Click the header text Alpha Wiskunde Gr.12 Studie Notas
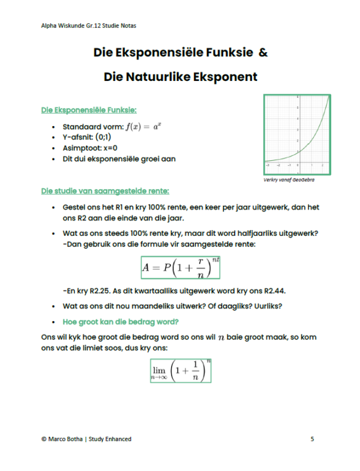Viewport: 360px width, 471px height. [x=84, y=26]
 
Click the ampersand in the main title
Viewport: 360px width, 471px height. [x=263, y=53]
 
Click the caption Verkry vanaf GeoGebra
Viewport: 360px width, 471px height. [x=289, y=179]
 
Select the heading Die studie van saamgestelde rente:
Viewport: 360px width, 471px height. [x=105, y=191]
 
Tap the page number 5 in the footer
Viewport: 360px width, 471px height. [x=313, y=439]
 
